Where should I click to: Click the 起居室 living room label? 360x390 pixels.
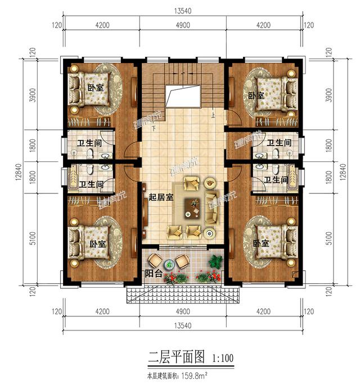161,197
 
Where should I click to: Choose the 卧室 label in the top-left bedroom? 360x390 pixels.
95,88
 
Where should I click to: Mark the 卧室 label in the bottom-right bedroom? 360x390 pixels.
261,243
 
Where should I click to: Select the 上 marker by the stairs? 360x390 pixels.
214,116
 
